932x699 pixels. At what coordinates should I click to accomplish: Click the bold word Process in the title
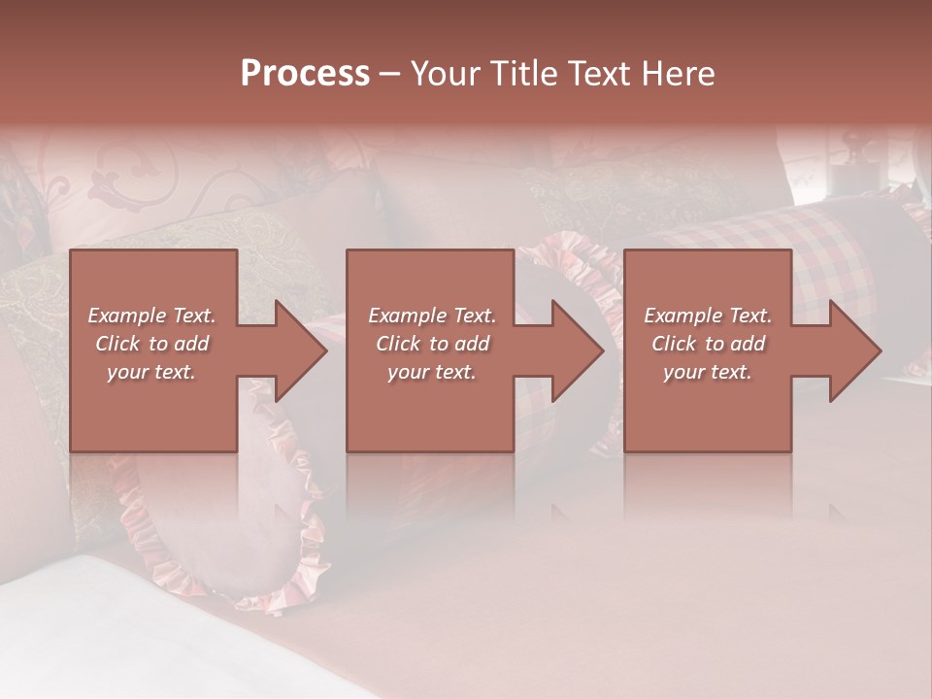click(305, 74)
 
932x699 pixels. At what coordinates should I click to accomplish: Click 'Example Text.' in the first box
click(151, 316)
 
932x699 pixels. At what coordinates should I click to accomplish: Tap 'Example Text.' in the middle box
click(432, 316)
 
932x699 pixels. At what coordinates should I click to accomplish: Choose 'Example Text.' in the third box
click(708, 316)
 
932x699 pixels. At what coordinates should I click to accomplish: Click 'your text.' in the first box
click(151, 372)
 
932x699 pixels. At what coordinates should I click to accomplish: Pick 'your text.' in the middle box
click(432, 372)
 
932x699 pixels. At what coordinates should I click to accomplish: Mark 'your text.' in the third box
click(708, 372)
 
